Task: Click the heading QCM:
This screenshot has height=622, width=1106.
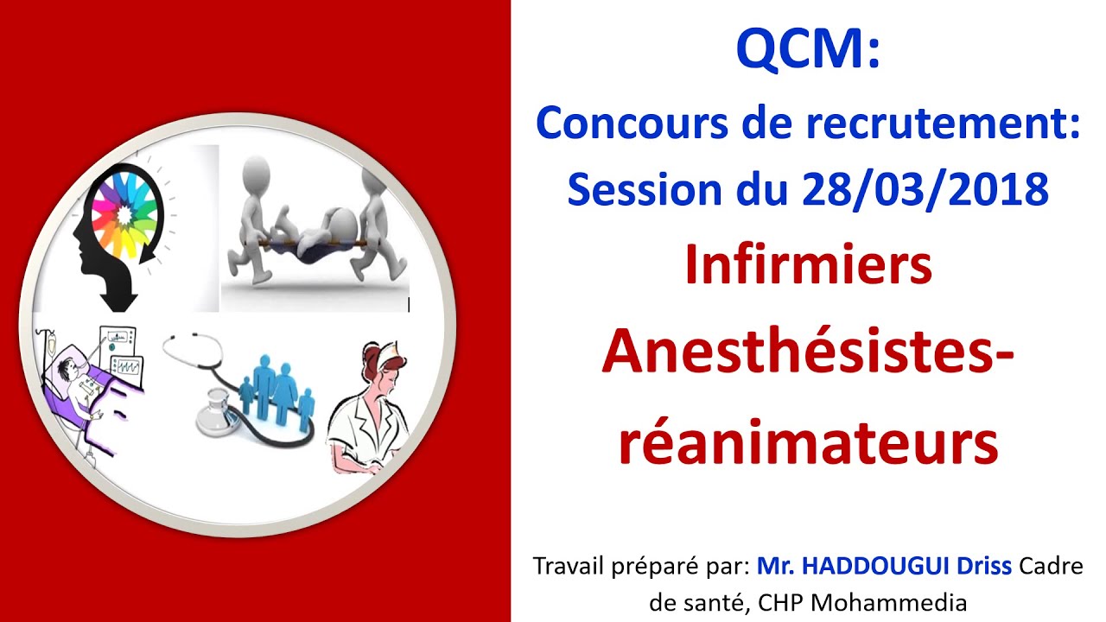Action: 807,51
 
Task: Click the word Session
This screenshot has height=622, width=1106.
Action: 638,189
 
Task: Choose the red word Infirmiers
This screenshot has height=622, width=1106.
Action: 808,266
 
